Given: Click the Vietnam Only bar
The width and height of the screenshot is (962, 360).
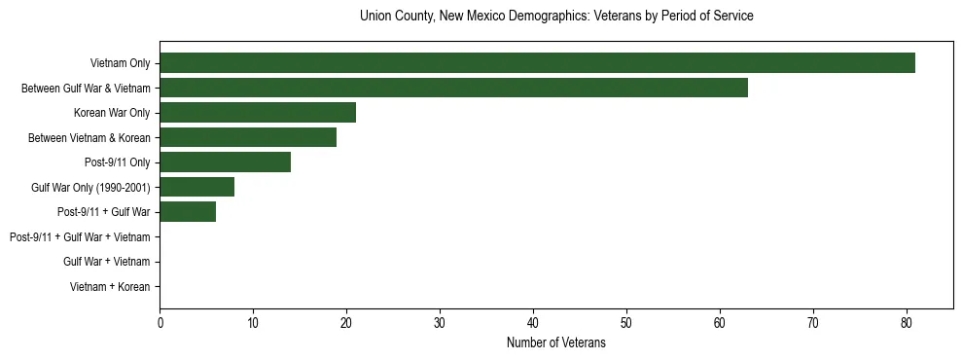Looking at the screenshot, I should click(x=537, y=63).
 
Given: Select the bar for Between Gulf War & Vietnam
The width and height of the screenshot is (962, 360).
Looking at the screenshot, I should click(x=453, y=88).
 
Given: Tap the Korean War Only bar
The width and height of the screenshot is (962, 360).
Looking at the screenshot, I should click(x=258, y=113).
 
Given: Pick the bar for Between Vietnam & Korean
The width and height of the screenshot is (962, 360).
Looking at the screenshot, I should click(x=248, y=137).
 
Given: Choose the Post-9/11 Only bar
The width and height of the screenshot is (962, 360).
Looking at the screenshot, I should click(x=225, y=162).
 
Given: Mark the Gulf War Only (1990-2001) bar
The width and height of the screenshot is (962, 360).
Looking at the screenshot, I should click(x=196, y=187).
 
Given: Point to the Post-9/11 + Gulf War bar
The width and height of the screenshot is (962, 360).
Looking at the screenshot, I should click(x=188, y=212).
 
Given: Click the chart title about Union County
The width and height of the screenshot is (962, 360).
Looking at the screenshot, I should click(x=556, y=17).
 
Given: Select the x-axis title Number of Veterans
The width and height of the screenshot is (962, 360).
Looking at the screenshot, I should click(x=556, y=343).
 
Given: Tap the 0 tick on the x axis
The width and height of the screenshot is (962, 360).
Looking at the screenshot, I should click(x=160, y=323).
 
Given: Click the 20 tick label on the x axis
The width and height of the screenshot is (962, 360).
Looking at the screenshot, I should click(x=346, y=323).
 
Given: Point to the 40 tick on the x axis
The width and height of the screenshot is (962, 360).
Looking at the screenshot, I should click(x=533, y=323).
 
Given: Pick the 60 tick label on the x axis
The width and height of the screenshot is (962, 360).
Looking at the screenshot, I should click(x=720, y=323).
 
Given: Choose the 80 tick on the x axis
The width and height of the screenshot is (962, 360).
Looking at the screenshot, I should click(x=907, y=323).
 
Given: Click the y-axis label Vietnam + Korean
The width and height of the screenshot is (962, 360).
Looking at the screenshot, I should click(x=110, y=287).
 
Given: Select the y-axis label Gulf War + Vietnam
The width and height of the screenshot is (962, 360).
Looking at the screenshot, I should click(x=106, y=262).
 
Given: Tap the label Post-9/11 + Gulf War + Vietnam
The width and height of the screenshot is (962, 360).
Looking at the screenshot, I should click(x=80, y=237).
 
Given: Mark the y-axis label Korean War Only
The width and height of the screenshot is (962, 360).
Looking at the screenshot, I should click(x=112, y=113).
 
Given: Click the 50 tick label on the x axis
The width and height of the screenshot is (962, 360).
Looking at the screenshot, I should click(x=626, y=323).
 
